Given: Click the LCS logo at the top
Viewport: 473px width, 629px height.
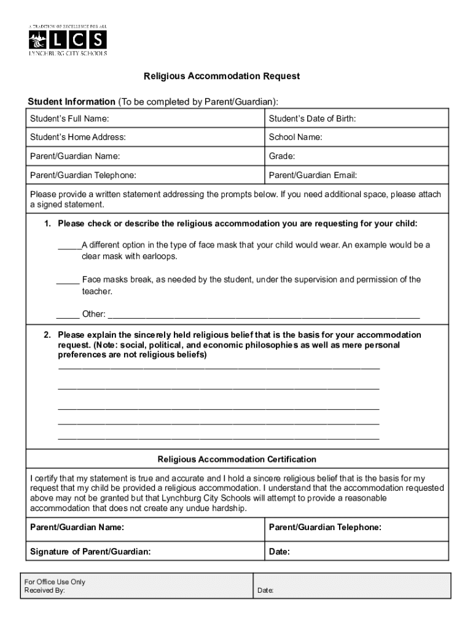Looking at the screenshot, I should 68,41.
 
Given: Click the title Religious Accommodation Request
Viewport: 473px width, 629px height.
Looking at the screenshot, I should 222,77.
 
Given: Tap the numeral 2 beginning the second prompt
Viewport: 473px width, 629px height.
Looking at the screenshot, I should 46,335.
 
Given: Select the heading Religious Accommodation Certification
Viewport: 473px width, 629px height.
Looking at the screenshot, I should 237,459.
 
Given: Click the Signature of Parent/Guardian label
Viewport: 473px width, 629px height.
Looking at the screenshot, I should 90,552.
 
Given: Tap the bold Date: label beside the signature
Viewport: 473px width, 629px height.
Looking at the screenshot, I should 279,552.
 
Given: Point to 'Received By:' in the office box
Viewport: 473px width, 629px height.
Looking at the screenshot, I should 44,591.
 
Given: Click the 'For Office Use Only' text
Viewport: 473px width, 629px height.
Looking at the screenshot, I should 55,582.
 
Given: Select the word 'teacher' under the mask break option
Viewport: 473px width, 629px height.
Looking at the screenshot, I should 96,292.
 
